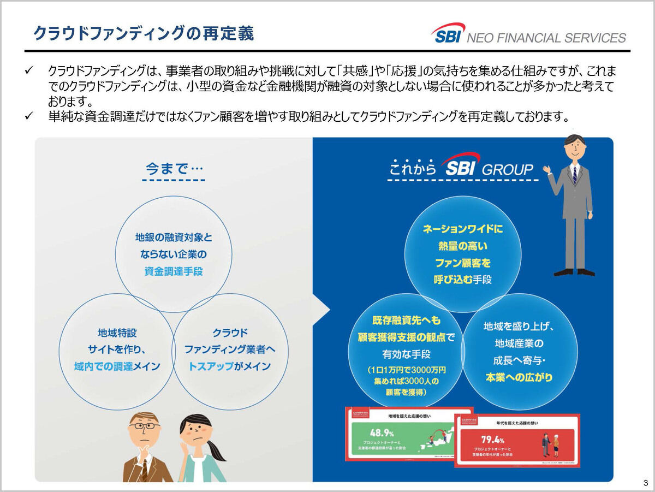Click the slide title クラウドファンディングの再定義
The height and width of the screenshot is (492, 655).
[x=143, y=34]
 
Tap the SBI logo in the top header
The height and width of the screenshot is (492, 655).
[x=448, y=34]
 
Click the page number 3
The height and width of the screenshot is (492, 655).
[x=645, y=483]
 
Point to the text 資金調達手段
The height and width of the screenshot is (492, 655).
[x=174, y=271]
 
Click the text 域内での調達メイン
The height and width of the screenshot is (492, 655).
[x=117, y=366]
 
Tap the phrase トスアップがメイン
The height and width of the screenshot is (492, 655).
[x=229, y=366]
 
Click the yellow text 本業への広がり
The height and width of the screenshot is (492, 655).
[x=519, y=377]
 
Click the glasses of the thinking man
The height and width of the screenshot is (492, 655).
[x=144, y=426]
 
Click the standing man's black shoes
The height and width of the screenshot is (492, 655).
[x=574, y=271]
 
